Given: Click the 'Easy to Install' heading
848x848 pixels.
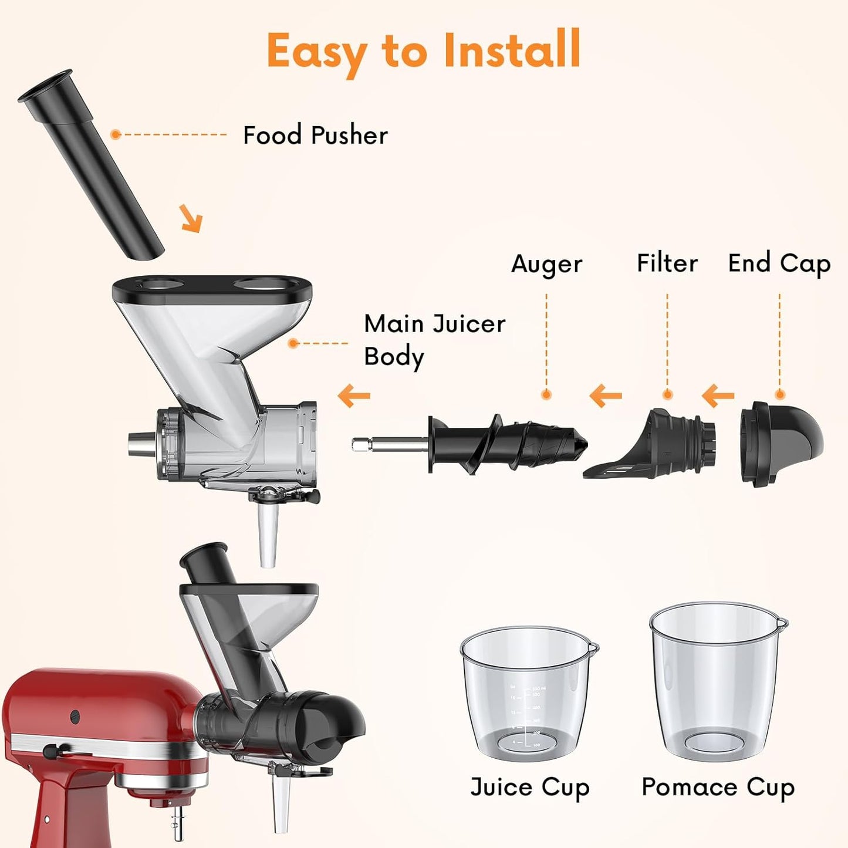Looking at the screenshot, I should point(423,50).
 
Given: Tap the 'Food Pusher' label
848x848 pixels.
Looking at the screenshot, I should point(315,136).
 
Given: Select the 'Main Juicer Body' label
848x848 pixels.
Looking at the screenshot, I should point(434,340).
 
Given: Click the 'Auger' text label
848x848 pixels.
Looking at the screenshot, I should point(546,264).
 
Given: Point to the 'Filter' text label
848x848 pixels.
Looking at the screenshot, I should point(667,263).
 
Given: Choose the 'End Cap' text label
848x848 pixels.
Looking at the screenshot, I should point(779,263).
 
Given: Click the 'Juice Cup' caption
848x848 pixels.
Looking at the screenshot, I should point(529,788).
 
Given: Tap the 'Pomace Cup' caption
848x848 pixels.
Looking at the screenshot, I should point(718,787).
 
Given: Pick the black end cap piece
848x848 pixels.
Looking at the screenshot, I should point(781,442).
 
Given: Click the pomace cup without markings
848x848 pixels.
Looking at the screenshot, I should point(717,681).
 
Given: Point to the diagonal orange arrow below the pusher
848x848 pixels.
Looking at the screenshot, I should point(191,218).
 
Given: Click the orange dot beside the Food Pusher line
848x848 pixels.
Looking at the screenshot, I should point(116,134).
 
